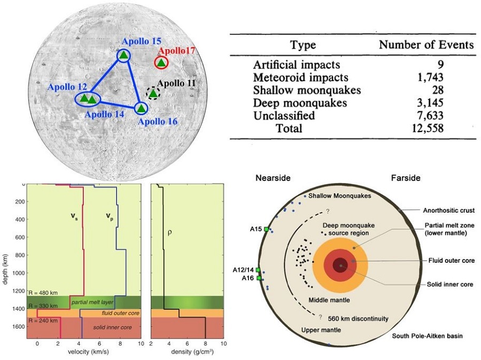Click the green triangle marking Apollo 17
[161, 63]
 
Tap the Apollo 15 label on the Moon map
[142, 41]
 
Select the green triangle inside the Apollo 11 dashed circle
[153, 93]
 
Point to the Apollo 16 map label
[158, 121]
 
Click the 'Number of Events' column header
[426, 45]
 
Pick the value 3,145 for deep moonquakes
[430, 103]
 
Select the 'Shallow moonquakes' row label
[307, 90]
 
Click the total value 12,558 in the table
[428, 128]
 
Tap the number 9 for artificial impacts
[440, 65]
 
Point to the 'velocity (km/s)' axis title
[88, 351]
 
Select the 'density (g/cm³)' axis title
[192, 351]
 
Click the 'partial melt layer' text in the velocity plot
[92, 302]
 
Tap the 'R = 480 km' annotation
[43, 293]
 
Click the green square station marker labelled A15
[266, 229]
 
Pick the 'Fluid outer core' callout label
[452, 261]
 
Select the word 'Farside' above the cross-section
[406, 178]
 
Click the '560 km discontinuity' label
[358, 318]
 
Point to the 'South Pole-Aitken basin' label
[428, 336]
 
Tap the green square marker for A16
[259, 278]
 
